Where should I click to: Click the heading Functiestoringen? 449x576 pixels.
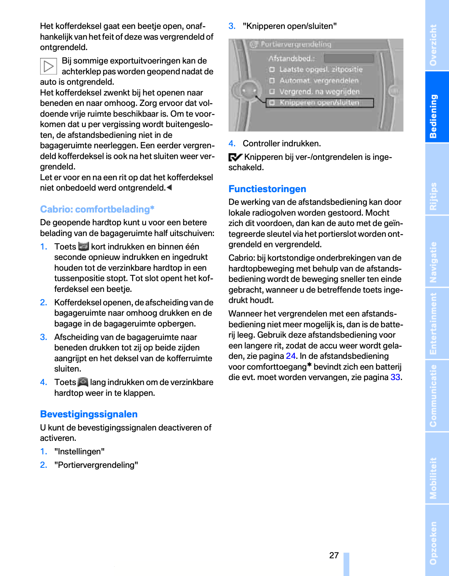coord(267,189)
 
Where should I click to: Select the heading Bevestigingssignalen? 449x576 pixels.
coord(89,414)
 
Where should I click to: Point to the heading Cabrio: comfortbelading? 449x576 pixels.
coord(97,209)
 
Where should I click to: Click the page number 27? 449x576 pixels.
coord(334,555)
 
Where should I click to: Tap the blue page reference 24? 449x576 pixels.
coord(291,356)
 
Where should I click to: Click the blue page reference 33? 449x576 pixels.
coord(395,377)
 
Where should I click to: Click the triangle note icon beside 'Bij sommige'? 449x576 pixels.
coord(49,66)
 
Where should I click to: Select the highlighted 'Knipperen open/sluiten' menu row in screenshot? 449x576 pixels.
coord(320,103)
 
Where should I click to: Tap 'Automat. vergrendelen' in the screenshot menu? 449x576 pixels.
coord(319,81)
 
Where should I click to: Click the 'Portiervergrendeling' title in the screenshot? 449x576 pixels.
coord(296,45)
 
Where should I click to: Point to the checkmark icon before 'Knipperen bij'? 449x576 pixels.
coord(235,157)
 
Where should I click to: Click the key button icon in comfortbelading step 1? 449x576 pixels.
coord(83,246)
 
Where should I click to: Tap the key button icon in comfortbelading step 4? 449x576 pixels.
coord(83,382)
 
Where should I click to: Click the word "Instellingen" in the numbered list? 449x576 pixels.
coord(79,452)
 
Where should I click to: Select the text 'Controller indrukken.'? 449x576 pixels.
coord(282,144)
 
